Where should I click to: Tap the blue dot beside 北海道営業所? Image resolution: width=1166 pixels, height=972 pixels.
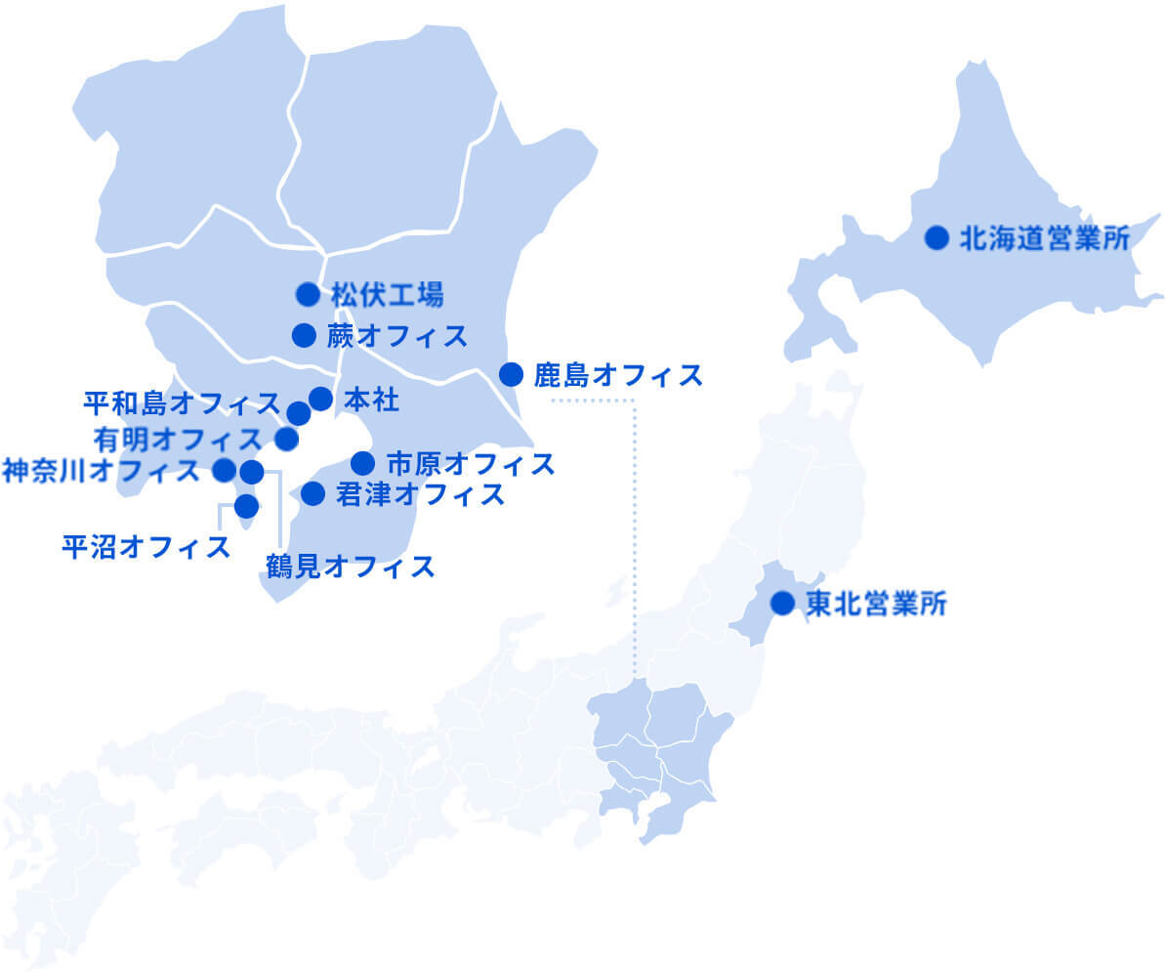point(937,237)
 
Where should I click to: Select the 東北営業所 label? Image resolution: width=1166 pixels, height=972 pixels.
point(876,604)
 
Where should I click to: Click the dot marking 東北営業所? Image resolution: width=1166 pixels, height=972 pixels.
point(782,604)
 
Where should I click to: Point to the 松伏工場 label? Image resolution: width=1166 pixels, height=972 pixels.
point(387,294)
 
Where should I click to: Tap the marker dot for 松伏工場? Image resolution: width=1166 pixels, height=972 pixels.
point(308,293)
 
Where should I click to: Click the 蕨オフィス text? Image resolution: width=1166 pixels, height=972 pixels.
point(396,336)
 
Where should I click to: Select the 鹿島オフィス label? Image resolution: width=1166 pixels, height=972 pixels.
point(618,374)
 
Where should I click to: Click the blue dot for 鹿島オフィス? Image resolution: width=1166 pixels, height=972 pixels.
point(511,374)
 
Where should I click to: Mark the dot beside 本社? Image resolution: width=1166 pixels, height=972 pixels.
point(320,399)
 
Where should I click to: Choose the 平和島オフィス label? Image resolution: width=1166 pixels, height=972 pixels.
point(182,402)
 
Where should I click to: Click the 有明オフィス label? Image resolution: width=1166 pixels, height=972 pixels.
point(178,437)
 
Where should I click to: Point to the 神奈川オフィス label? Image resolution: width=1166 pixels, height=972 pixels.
point(102,471)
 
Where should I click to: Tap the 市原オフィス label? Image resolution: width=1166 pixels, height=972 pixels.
point(471,462)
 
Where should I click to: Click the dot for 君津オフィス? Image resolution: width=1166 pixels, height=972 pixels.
point(312,494)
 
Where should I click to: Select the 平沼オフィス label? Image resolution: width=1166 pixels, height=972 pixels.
point(146,546)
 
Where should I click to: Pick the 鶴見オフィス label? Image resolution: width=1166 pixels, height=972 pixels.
point(350,566)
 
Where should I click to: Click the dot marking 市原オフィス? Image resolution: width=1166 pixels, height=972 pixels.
point(363,462)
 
